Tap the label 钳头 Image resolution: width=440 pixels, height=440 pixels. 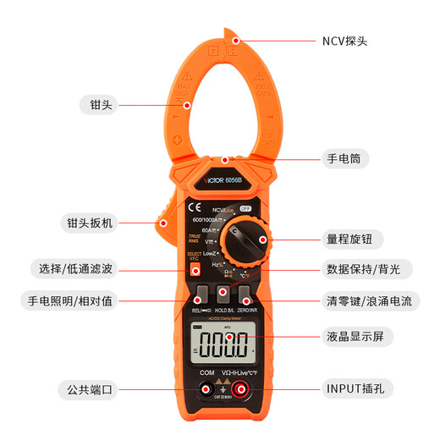(x=101, y=105)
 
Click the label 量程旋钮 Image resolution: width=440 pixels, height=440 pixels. (x=347, y=239)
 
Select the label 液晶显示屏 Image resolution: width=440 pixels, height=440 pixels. (x=355, y=337)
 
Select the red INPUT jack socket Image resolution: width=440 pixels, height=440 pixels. (x=241, y=389)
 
